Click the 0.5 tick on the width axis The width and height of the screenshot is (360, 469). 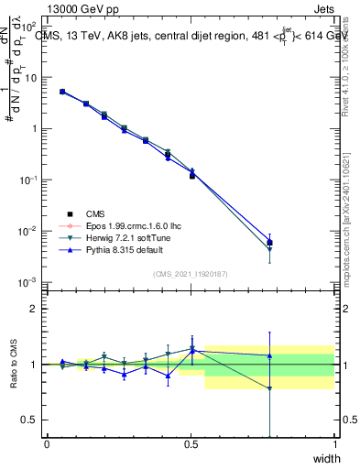pos(191,444)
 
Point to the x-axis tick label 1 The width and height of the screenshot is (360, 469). pos(334,444)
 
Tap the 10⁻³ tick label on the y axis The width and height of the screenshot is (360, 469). pos(29,282)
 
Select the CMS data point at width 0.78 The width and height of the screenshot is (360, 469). pos(269,243)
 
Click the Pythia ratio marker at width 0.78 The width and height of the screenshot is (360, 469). pos(269,355)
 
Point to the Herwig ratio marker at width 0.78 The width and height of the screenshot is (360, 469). pos(269,388)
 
